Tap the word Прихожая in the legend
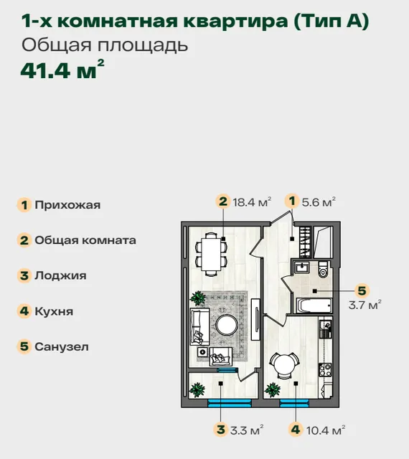(x=67, y=205)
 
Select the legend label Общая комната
(x=85, y=240)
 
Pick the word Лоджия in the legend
(x=60, y=275)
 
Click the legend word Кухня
(x=54, y=311)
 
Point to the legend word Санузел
(x=62, y=346)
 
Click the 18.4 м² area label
(x=252, y=202)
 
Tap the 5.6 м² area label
(x=319, y=202)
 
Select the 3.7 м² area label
(x=365, y=305)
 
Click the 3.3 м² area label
(x=247, y=430)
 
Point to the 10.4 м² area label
(x=326, y=430)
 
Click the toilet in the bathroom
(x=323, y=270)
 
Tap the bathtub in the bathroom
(x=314, y=306)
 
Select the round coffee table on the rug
(x=227, y=325)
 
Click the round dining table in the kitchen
(x=284, y=365)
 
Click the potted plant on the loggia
(x=197, y=389)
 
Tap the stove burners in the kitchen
(x=325, y=369)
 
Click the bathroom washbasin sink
(x=301, y=268)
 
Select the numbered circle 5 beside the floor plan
(x=362, y=290)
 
